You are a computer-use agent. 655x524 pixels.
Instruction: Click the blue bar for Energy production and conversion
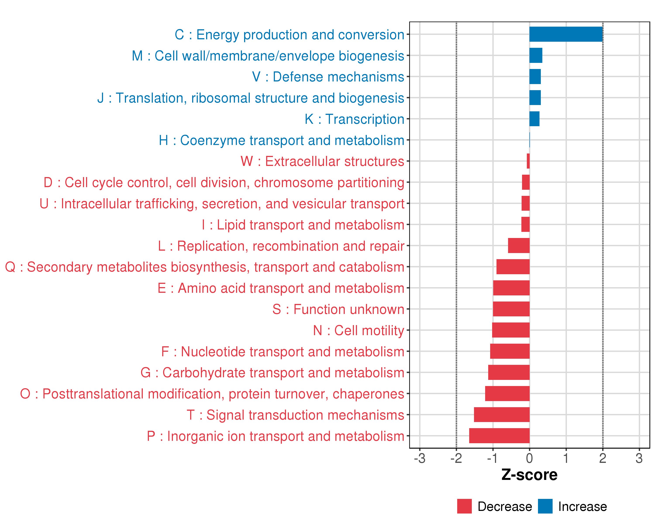tap(566, 34)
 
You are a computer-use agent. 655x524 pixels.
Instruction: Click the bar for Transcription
tap(534, 119)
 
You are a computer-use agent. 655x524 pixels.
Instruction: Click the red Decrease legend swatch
tap(464, 506)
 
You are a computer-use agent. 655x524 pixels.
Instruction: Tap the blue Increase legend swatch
tap(545, 506)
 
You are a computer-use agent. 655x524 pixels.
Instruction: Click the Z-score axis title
tap(529, 475)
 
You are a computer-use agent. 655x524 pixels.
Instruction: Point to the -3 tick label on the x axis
tap(420, 458)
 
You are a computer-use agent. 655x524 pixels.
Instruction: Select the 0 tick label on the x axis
tap(529, 458)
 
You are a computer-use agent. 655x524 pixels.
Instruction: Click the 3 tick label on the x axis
tap(639, 458)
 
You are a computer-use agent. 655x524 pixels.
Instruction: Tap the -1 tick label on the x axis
tap(493, 458)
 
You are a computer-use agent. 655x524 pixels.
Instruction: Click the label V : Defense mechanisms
tap(328, 77)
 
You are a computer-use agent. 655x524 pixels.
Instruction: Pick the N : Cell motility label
tap(359, 331)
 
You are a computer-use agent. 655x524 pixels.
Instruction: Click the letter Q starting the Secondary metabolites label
tap(10, 267)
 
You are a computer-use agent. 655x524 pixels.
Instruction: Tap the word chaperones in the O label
tap(368, 394)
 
